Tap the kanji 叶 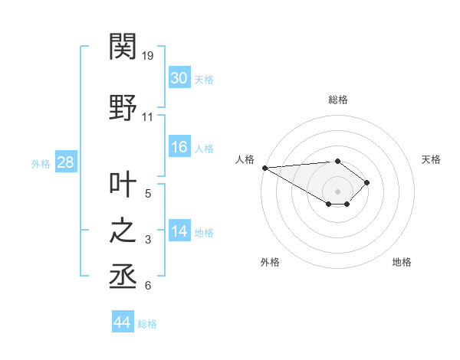[x=123, y=185]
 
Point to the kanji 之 [x=123, y=231]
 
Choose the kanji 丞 [x=123, y=276]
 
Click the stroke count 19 [x=149, y=56]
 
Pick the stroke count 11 [x=148, y=117]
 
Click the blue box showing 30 [x=179, y=78]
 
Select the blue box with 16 [x=179, y=147]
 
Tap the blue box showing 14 [x=179, y=231]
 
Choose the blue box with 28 [x=65, y=162]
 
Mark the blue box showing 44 [x=122, y=322]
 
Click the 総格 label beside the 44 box [x=147, y=324]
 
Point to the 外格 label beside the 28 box [x=41, y=163]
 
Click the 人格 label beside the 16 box [x=204, y=149]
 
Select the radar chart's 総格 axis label [x=337, y=100]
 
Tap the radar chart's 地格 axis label [x=402, y=262]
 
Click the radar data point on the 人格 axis [x=264, y=168]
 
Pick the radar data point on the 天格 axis [x=367, y=182]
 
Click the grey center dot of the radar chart [x=337, y=191]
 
